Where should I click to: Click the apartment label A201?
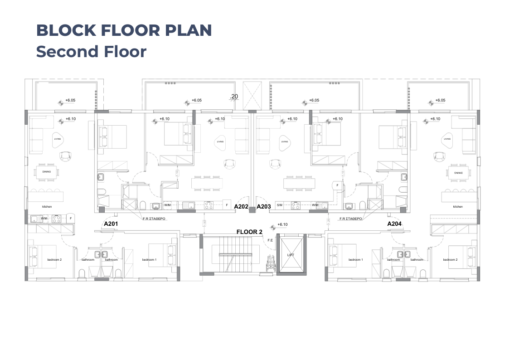(x=111, y=224)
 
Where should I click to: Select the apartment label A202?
(x=241, y=206)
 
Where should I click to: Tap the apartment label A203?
(x=264, y=206)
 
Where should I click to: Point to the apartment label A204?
(x=394, y=224)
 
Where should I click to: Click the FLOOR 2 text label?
(x=249, y=232)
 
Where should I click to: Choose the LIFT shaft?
(x=291, y=255)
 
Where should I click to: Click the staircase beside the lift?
(x=230, y=254)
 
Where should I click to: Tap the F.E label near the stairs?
(x=270, y=240)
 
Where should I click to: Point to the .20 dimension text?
(x=234, y=96)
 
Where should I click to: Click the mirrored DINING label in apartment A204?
(x=457, y=172)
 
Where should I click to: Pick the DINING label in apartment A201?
(x=46, y=172)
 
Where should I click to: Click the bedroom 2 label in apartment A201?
(x=54, y=260)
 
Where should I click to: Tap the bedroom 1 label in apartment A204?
(x=355, y=260)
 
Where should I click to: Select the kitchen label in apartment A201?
(x=47, y=207)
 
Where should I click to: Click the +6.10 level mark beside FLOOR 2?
(x=282, y=224)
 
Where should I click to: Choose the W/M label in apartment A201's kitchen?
(x=44, y=218)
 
